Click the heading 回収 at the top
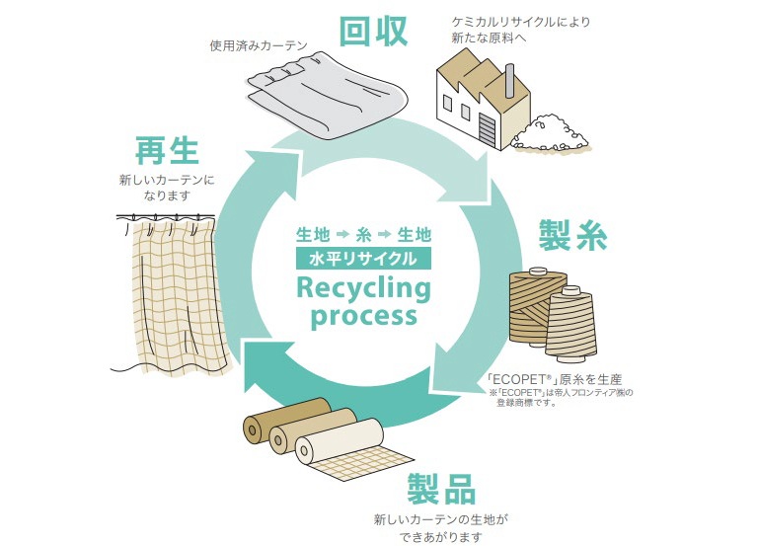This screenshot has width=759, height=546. tap(373, 32)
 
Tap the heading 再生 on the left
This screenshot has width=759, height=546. tap(167, 152)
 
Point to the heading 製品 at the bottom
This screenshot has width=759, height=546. tap(441, 489)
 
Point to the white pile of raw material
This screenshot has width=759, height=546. tap(553, 132)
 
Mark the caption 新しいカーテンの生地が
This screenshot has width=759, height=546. tap(440, 518)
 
